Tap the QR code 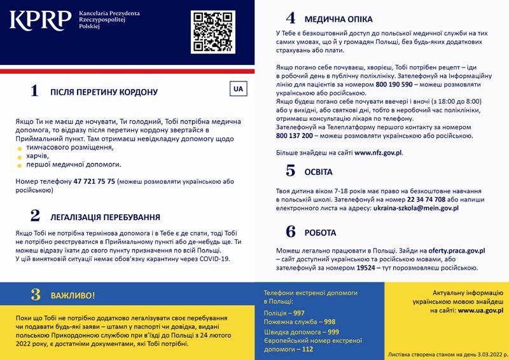click(x=213, y=32)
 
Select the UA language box click(x=239, y=89)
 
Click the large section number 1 click(x=34, y=91)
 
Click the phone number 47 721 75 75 click(x=94, y=181)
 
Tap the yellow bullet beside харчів click(x=20, y=156)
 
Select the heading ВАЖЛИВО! click(x=74, y=295)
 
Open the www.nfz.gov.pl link click(x=378, y=153)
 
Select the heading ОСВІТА click(x=318, y=172)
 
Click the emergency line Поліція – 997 click(x=284, y=314)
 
